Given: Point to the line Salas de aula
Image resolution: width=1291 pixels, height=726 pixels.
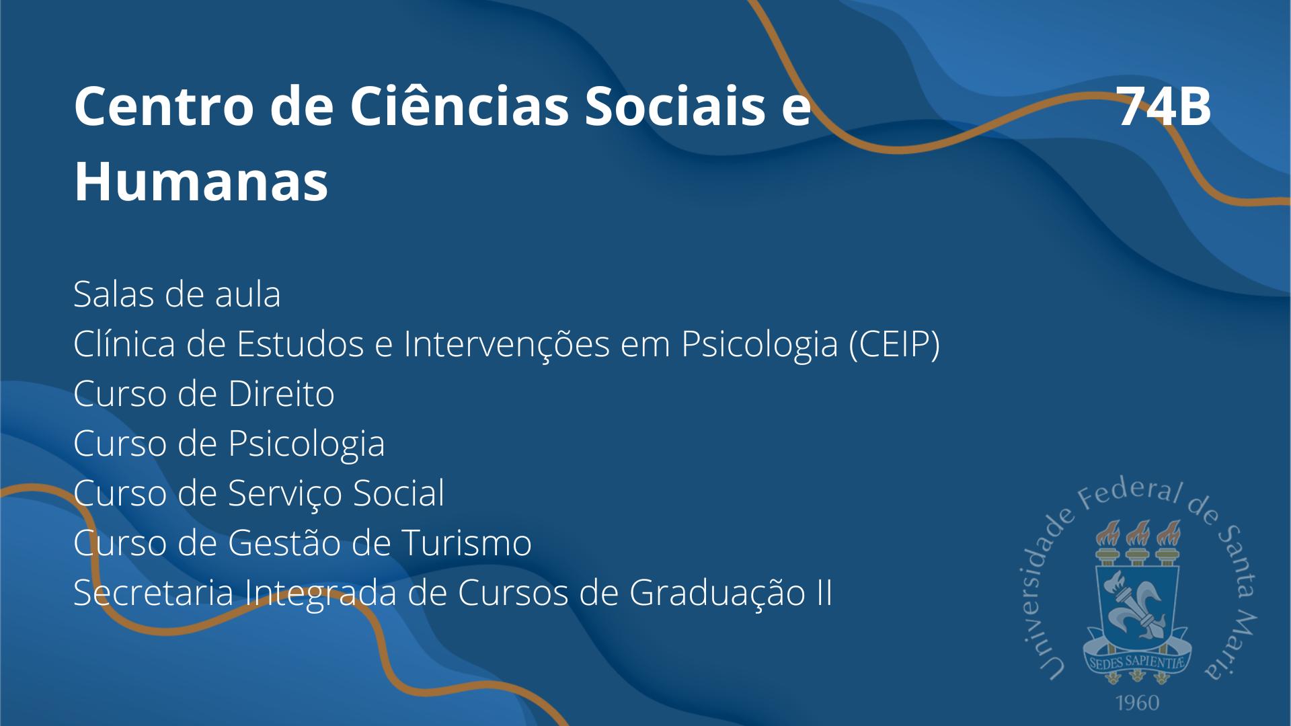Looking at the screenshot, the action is [177, 294].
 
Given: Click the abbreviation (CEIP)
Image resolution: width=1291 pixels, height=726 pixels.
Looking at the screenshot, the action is [894, 344].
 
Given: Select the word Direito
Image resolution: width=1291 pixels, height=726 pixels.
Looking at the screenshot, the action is [281, 394].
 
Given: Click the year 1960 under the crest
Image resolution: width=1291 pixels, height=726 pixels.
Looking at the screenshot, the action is [1138, 703].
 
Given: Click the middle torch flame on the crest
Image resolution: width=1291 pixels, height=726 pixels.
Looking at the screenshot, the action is [1137, 532].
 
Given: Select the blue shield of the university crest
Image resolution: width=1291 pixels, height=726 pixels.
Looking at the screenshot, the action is [1137, 602].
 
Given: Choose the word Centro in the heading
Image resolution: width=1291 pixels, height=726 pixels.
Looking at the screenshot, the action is [164, 107].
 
